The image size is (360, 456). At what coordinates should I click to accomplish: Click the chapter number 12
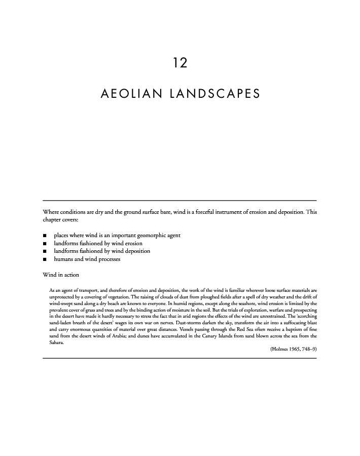[180, 63]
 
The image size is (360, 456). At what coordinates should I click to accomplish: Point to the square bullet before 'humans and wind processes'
[45, 260]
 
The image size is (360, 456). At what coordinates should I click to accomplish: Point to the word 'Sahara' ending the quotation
[50, 343]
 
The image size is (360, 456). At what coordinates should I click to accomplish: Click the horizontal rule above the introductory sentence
[180, 201]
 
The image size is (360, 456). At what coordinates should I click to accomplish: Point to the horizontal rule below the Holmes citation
[180, 358]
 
